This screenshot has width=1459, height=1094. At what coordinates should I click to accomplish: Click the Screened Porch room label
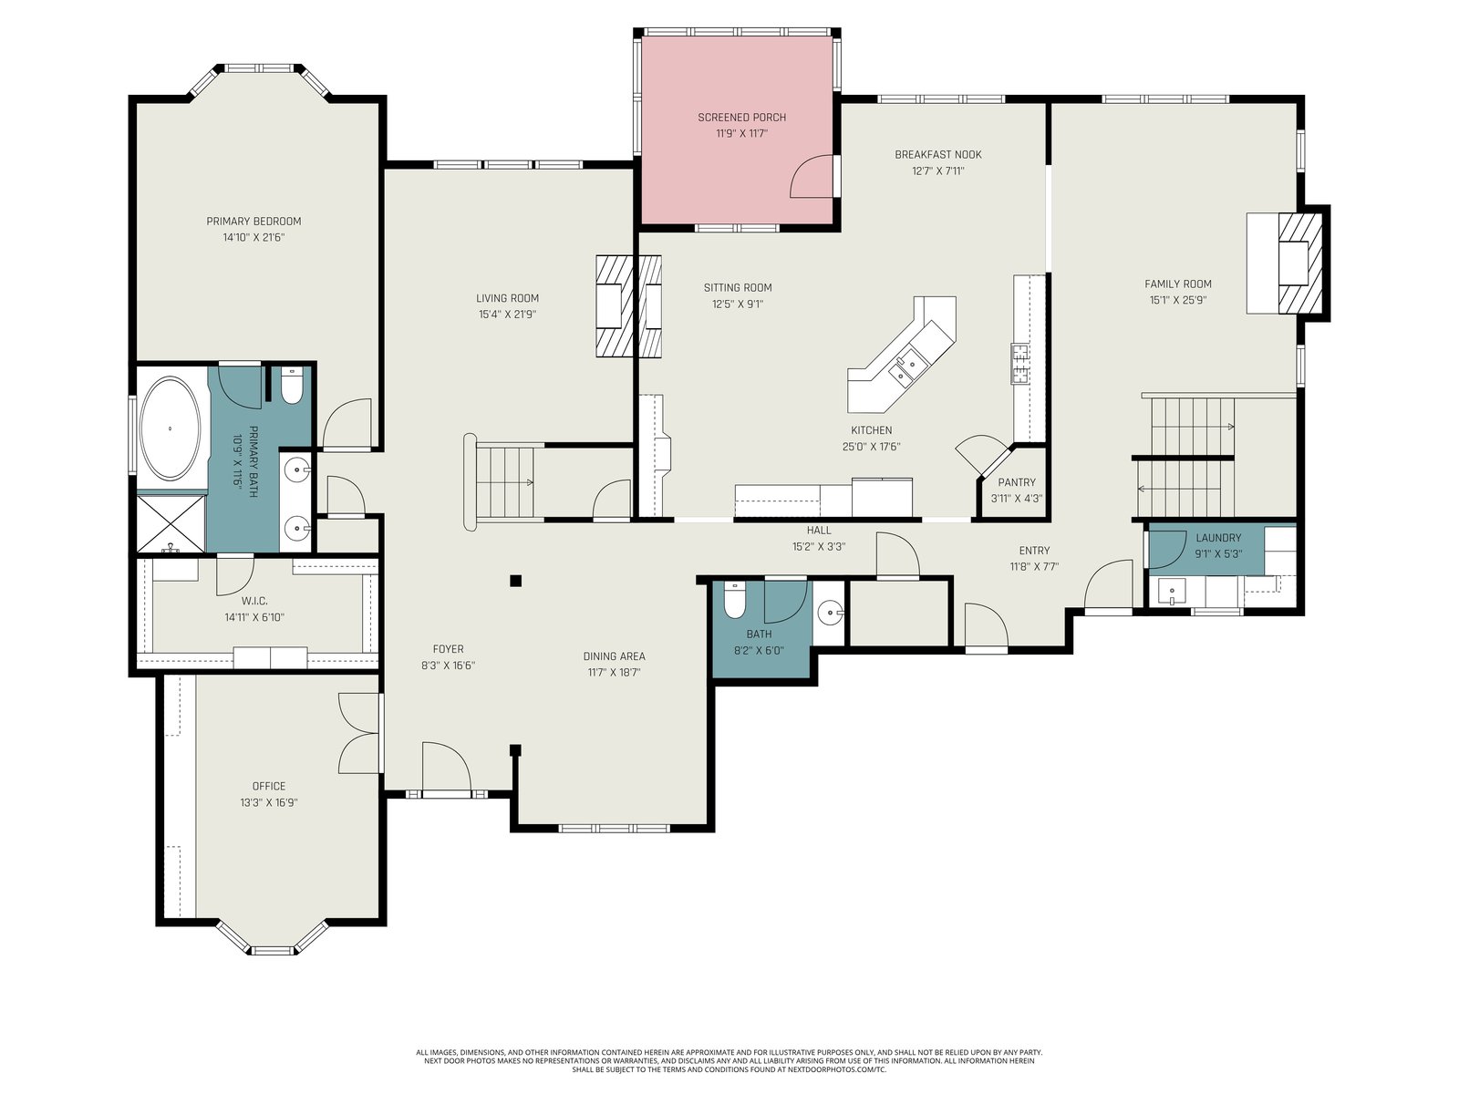click(741, 118)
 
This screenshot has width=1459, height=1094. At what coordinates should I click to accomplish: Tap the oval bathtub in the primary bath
click(171, 428)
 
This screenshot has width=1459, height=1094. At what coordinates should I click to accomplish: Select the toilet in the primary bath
click(292, 386)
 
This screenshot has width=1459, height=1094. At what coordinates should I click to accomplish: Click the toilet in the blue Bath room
click(734, 600)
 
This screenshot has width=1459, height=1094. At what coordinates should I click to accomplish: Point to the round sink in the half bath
click(831, 612)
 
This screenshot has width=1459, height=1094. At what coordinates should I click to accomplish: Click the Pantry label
click(1017, 482)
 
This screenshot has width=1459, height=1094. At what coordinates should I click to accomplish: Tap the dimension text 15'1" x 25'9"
click(1178, 300)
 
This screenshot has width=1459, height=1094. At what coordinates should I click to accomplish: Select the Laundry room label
click(1217, 538)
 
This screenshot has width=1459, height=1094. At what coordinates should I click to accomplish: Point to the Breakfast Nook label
click(938, 155)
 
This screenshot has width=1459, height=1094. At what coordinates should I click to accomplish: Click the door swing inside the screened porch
click(812, 176)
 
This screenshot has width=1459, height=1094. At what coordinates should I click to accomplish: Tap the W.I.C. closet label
click(254, 601)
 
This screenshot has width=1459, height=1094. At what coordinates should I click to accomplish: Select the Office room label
click(268, 786)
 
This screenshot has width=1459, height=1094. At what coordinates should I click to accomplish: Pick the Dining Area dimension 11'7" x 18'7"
click(614, 672)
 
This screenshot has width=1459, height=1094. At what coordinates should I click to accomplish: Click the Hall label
click(819, 530)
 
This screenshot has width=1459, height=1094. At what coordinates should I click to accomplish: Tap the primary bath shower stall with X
click(171, 523)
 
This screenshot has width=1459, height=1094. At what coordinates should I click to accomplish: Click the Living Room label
click(507, 298)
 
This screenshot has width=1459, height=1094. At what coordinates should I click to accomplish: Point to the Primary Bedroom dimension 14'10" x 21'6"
click(254, 237)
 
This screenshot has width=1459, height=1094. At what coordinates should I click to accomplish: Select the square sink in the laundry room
click(1172, 591)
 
